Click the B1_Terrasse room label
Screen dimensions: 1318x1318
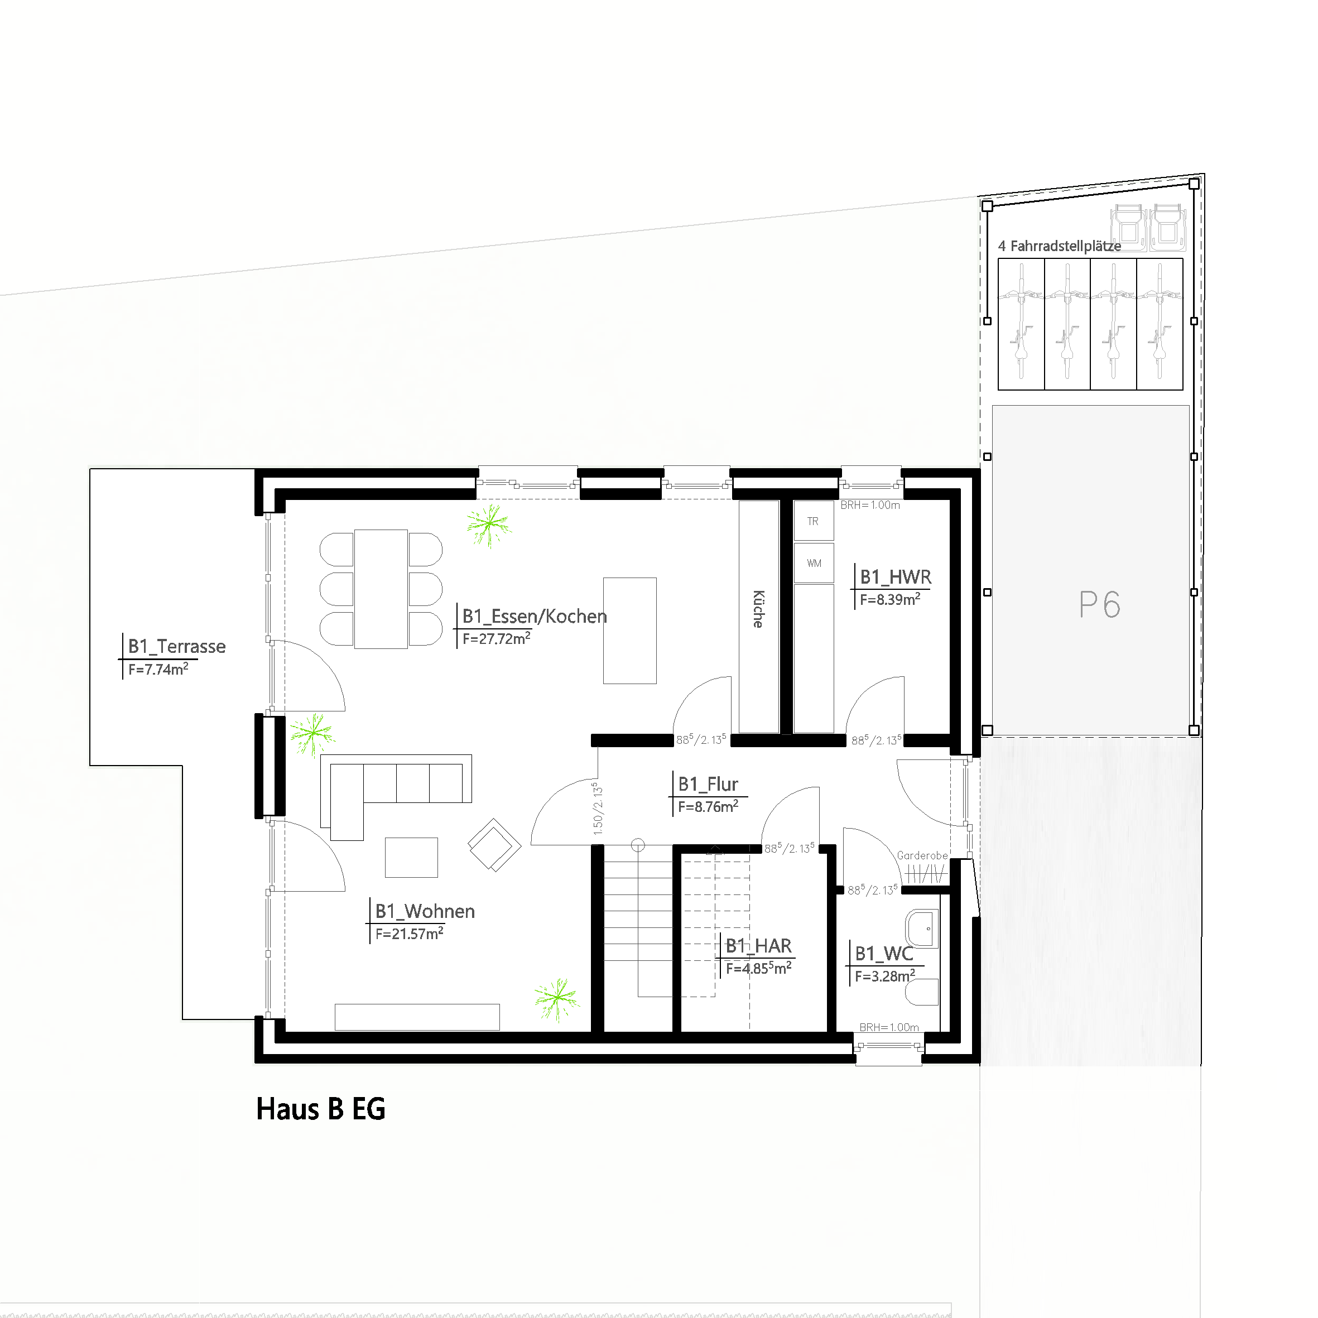pyautogui.click(x=177, y=646)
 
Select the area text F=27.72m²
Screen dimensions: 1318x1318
pyautogui.click(x=496, y=638)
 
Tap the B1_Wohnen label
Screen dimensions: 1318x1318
pyautogui.click(x=424, y=911)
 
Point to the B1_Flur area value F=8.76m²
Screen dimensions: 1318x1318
pyautogui.click(x=708, y=806)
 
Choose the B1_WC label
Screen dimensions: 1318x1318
pyautogui.click(x=883, y=953)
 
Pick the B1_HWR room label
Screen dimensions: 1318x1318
pyautogui.click(x=895, y=577)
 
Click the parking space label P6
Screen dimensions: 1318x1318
pyautogui.click(x=1099, y=604)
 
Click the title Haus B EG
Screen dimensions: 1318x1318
pyautogui.click(x=321, y=1109)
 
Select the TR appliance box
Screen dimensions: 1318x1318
pyautogui.click(x=813, y=521)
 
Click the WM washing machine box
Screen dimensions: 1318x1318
pyautogui.click(x=814, y=563)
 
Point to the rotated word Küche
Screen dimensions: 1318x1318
pyautogui.click(x=758, y=609)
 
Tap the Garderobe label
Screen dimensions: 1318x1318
pyautogui.click(x=922, y=855)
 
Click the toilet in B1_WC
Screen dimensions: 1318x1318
pyautogui.click(x=922, y=993)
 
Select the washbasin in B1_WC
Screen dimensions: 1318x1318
pyautogui.click(x=922, y=929)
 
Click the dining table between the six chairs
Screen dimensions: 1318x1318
pyautogui.click(x=381, y=589)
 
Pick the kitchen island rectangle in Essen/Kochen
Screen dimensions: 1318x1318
pyautogui.click(x=629, y=631)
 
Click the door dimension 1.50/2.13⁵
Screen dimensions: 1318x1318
pyautogui.click(x=598, y=809)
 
